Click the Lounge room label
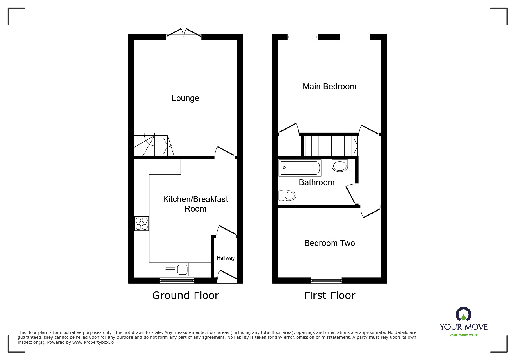pyautogui.click(x=185, y=98)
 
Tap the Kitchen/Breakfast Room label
pyautogui.click(x=195, y=204)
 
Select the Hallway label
pyautogui.click(x=225, y=258)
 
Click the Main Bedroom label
pyautogui.click(x=329, y=87)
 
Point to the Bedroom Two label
pyautogui.click(x=329, y=243)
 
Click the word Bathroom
pyautogui.click(x=316, y=182)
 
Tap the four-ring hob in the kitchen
pyautogui.click(x=142, y=223)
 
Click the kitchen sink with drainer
pyautogui.click(x=176, y=269)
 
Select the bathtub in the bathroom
pyautogui.click(x=300, y=168)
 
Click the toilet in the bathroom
pyautogui.click(x=287, y=196)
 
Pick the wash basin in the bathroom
pyautogui.click(x=340, y=166)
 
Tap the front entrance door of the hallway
pyautogui.click(x=227, y=276)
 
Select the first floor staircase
pyautogui.click(x=331, y=146)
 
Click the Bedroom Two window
pyautogui.click(x=326, y=280)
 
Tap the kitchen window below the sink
pyautogui.click(x=177, y=280)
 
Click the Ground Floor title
pyautogui.click(x=185, y=295)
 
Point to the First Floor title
pyautogui.click(x=329, y=296)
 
